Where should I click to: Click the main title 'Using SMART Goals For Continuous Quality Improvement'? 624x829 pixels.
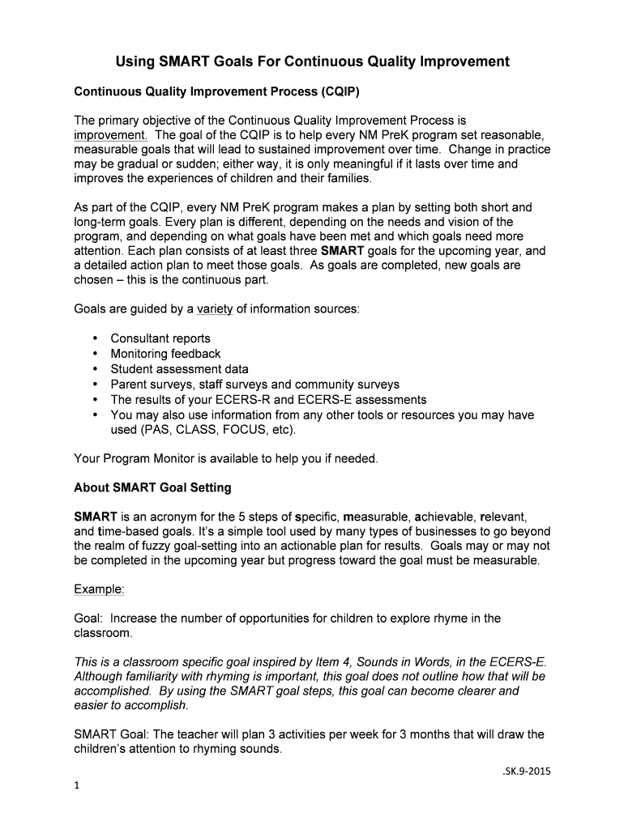coord(312,62)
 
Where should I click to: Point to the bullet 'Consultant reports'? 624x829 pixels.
coord(160,338)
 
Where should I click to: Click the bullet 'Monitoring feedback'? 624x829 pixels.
coord(165,354)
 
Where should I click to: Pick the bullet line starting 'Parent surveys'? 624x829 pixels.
coord(254,385)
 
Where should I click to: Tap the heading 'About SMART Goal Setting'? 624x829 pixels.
coord(152,488)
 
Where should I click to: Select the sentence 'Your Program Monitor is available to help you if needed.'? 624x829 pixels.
coord(226,459)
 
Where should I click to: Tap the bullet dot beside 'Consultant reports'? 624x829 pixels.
coord(96,338)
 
